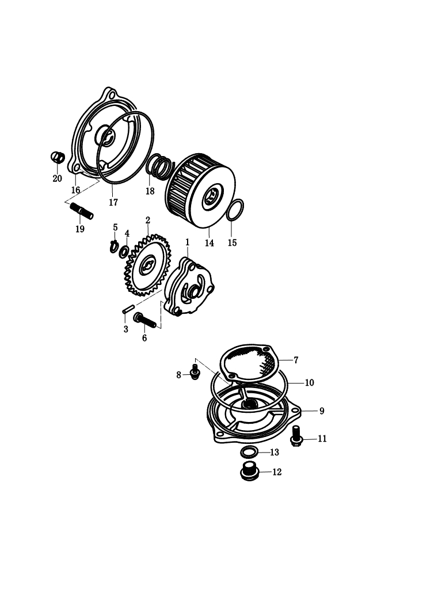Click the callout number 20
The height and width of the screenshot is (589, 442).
pyautogui.click(x=57, y=178)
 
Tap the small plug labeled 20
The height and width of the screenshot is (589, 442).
pyautogui.click(x=58, y=157)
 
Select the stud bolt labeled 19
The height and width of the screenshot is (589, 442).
pyautogui.click(x=82, y=210)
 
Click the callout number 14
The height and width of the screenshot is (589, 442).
pyautogui.click(x=209, y=242)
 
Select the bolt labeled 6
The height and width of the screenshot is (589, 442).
pyautogui.click(x=144, y=321)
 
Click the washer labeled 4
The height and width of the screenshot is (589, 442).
pyautogui.click(x=124, y=252)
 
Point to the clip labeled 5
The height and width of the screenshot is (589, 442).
pyautogui.click(x=114, y=246)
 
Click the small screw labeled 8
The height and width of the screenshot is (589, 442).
pyautogui.click(x=195, y=371)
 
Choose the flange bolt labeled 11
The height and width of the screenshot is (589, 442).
pyautogui.click(x=296, y=435)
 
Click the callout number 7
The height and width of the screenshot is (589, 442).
pyautogui.click(x=296, y=360)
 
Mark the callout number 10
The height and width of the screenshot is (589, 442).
pyautogui.click(x=309, y=382)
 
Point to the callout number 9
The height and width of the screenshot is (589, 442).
pyautogui.click(x=322, y=411)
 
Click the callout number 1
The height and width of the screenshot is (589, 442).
pyautogui.click(x=187, y=242)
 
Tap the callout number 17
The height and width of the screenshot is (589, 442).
pyautogui.click(x=113, y=202)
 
